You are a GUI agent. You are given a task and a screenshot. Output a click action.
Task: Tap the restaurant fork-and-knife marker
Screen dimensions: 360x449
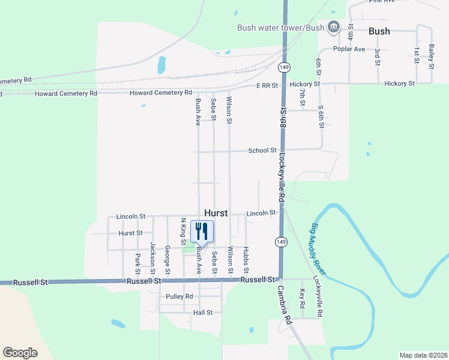click(x=201, y=230)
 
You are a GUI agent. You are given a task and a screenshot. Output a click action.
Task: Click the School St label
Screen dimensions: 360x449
click(x=262, y=151)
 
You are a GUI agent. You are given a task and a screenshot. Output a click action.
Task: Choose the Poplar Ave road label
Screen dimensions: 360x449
click(x=351, y=49)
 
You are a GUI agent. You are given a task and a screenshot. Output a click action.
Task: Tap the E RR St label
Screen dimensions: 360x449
click(x=267, y=86)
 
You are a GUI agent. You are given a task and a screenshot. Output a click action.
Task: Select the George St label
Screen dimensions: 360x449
click(x=167, y=256)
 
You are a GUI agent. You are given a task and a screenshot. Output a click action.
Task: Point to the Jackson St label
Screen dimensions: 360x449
click(x=152, y=255)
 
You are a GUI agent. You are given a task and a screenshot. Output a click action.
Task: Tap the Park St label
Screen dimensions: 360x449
click(x=137, y=260)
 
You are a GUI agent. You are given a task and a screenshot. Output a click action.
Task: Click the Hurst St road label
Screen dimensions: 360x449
click(x=130, y=233)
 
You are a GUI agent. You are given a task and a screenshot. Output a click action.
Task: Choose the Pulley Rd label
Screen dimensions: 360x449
click(x=180, y=296)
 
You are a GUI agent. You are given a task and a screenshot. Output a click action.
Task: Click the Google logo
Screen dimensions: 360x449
click(x=20, y=352)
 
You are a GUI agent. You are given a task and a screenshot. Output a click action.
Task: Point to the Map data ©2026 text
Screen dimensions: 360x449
click(x=423, y=355)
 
